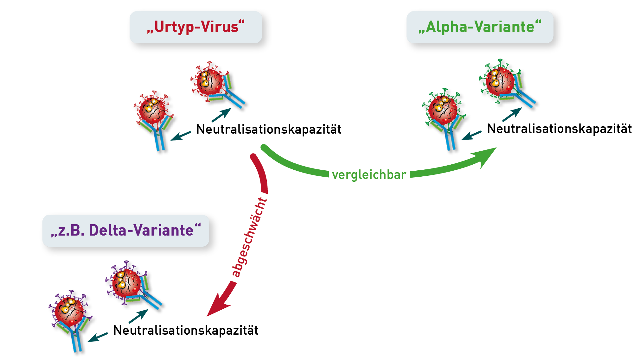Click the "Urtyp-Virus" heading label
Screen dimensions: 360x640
pyautogui.click(x=196, y=27)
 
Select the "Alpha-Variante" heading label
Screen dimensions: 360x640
pyautogui.click(x=480, y=27)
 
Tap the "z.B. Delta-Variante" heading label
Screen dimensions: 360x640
pyautogui.click(x=126, y=231)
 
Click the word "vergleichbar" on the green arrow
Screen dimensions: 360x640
pyautogui.click(x=369, y=175)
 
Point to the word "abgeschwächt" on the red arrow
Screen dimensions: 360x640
pyautogui.click(x=250, y=237)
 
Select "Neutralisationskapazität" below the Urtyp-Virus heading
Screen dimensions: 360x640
pyautogui.click(x=269, y=129)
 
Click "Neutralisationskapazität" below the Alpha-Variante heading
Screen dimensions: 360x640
pyautogui.click(x=559, y=129)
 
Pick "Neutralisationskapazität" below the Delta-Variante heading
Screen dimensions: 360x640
pyautogui.click(x=186, y=330)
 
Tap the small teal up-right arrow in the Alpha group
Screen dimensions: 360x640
pyautogui.click(x=512, y=114)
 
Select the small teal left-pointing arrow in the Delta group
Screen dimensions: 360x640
pyautogui.click(x=98, y=337)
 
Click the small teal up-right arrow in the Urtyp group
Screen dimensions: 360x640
pyautogui.click(x=221, y=115)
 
